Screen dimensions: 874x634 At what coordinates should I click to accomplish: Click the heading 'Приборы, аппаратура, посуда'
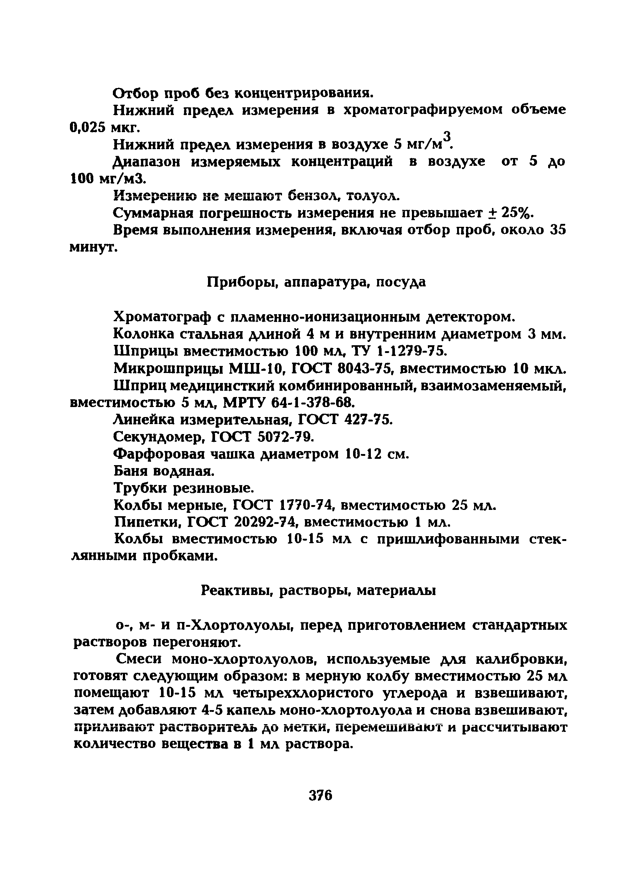(x=316, y=282)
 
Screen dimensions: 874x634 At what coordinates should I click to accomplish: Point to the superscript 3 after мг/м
(x=447, y=136)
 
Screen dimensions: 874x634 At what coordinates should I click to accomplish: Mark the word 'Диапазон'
(x=147, y=162)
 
